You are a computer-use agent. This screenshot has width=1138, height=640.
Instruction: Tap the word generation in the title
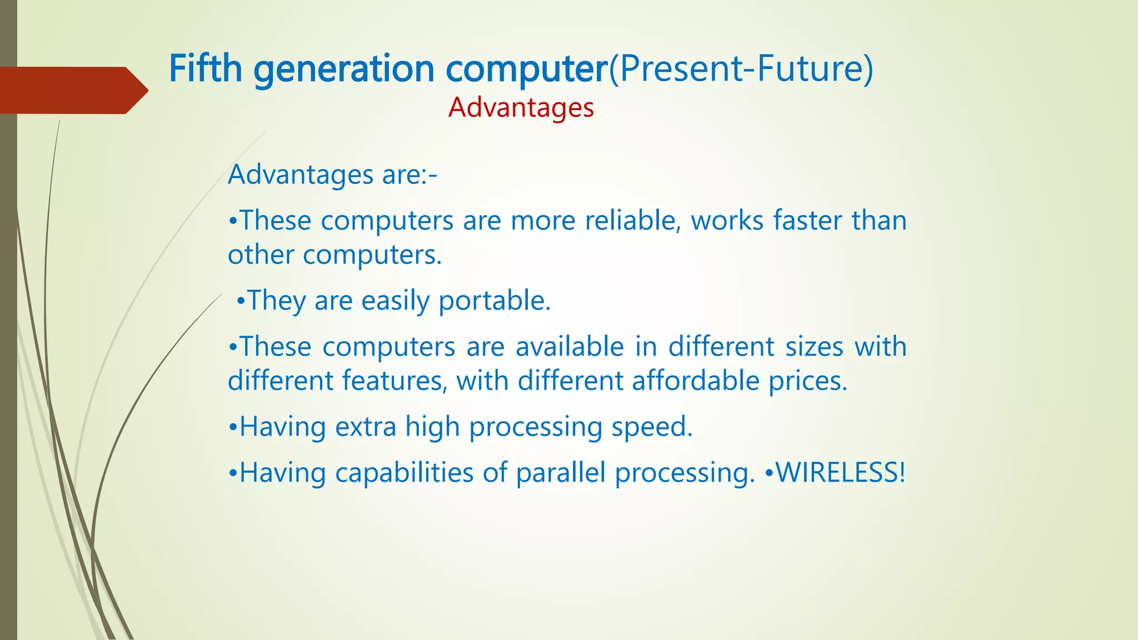(x=344, y=69)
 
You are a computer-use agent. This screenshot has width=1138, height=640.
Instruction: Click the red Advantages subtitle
(x=521, y=107)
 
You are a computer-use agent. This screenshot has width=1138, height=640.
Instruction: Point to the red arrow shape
(x=72, y=90)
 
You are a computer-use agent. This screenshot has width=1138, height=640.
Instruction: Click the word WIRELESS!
(x=841, y=472)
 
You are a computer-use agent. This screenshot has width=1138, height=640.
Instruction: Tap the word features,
(x=394, y=381)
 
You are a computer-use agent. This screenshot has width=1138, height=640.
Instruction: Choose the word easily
(x=395, y=301)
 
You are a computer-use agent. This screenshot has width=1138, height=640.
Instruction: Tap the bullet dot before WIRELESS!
(x=769, y=473)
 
